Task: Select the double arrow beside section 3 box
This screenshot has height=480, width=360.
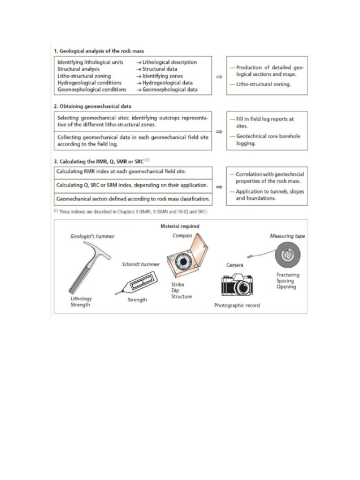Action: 218,187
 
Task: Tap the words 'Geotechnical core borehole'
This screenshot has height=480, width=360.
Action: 268,136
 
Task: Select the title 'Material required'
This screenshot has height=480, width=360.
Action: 180,226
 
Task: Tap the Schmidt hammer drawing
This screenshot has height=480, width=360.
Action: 136,284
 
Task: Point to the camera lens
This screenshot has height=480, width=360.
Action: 243,287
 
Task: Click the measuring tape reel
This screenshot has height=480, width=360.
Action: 286,255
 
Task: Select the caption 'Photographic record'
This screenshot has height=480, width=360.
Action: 237,305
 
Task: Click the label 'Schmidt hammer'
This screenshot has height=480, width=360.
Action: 141,264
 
